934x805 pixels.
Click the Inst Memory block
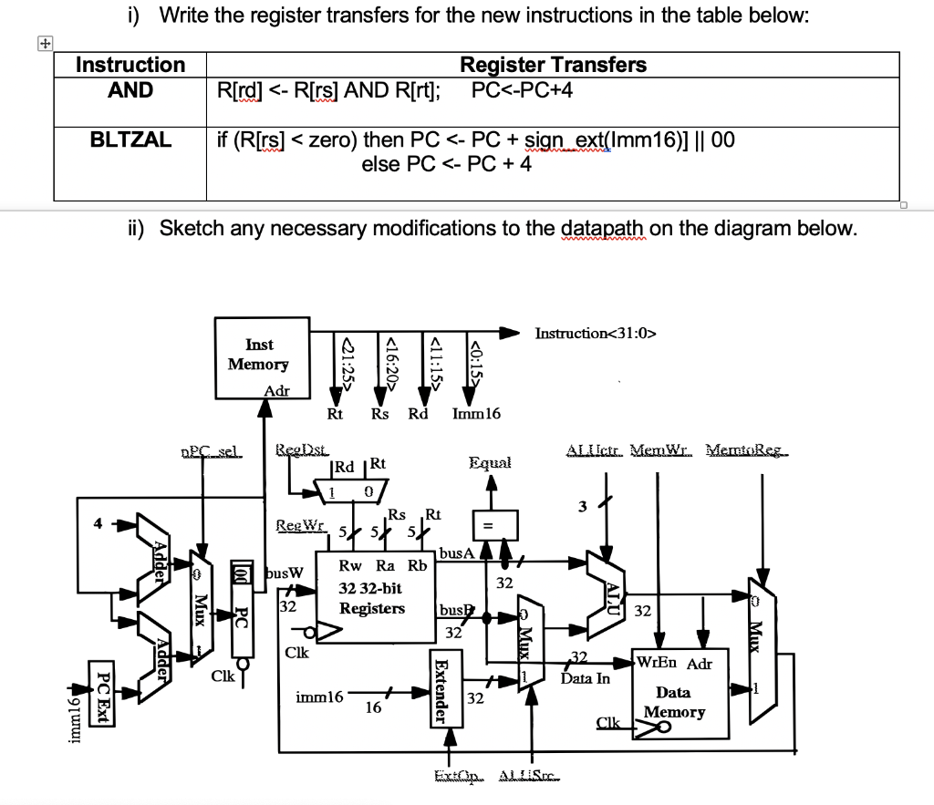(259, 357)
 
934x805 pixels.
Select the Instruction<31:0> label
(596, 333)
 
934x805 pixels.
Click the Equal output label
(490, 462)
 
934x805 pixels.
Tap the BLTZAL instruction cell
(130, 139)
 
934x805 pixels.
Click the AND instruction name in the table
(130, 90)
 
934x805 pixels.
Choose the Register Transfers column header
(553, 65)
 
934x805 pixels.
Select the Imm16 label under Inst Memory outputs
(476, 414)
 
